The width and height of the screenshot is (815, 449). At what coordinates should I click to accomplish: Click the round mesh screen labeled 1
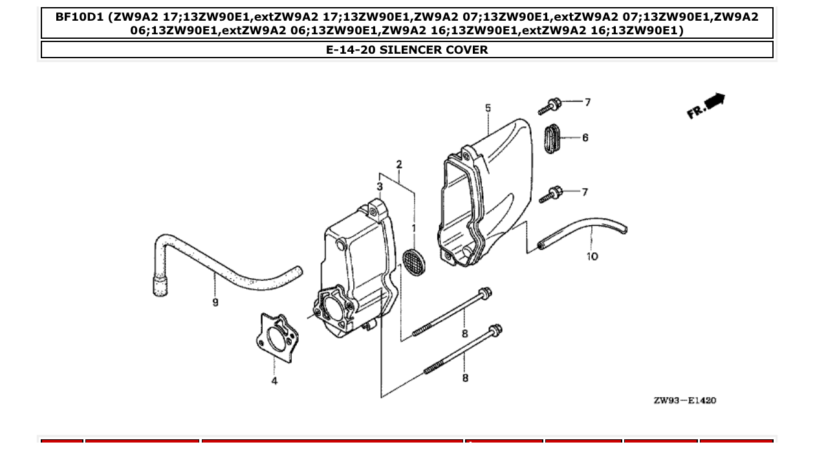pyautogui.click(x=412, y=261)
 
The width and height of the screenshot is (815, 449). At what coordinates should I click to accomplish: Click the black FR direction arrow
pyautogui.click(x=715, y=101)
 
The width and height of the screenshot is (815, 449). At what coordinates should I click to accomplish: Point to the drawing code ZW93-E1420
pyautogui.click(x=684, y=400)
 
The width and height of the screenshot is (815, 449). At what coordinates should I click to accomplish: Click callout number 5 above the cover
pyautogui.click(x=488, y=107)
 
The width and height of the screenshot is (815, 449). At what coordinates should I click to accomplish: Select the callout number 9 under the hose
pyautogui.click(x=215, y=302)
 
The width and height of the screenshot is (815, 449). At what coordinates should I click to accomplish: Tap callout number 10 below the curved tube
pyautogui.click(x=592, y=256)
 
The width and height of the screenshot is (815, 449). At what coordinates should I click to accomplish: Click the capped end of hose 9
pyautogui.click(x=159, y=285)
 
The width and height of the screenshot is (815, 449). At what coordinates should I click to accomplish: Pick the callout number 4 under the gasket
pyautogui.click(x=274, y=381)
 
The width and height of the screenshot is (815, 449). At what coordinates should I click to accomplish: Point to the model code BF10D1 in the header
pyautogui.click(x=79, y=17)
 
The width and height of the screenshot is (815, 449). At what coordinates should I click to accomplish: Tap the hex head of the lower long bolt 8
pyautogui.click(x=496, y=331)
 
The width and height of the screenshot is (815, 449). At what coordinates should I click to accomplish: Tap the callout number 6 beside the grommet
pyautogui.click(x=585, y=138)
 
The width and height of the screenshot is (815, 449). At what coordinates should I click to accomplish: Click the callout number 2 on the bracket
pyautogui.click(x=399, y=164)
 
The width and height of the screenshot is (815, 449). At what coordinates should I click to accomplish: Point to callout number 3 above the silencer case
pyautogui.click(x=380, y=186)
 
